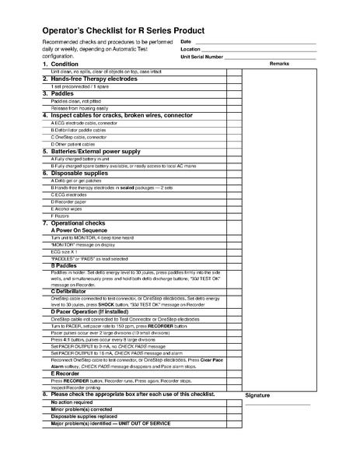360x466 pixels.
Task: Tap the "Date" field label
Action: [x=186, y=41]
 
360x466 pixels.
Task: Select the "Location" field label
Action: [x=190, y=49]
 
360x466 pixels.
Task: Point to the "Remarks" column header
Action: [x=279, y=64]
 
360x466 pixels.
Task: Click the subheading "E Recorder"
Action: [x=68, y=373]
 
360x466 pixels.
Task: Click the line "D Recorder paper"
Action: [x=68, y=201]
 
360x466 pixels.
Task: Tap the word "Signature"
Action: [x=257, y=395]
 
